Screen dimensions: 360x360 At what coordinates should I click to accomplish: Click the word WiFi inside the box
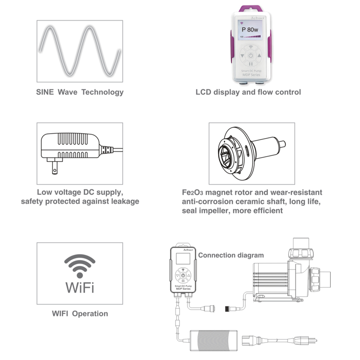tap(80, 287)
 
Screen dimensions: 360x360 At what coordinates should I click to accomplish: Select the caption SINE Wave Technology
tap(80, 92)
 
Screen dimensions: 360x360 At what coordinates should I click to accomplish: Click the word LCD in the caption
tap(203, 92)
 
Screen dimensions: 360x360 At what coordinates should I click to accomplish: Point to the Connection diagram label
tap(231, 255)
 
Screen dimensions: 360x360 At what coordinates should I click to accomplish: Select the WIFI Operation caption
tap(80, 313)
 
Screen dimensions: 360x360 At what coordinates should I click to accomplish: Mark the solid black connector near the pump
tap(228, 308)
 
